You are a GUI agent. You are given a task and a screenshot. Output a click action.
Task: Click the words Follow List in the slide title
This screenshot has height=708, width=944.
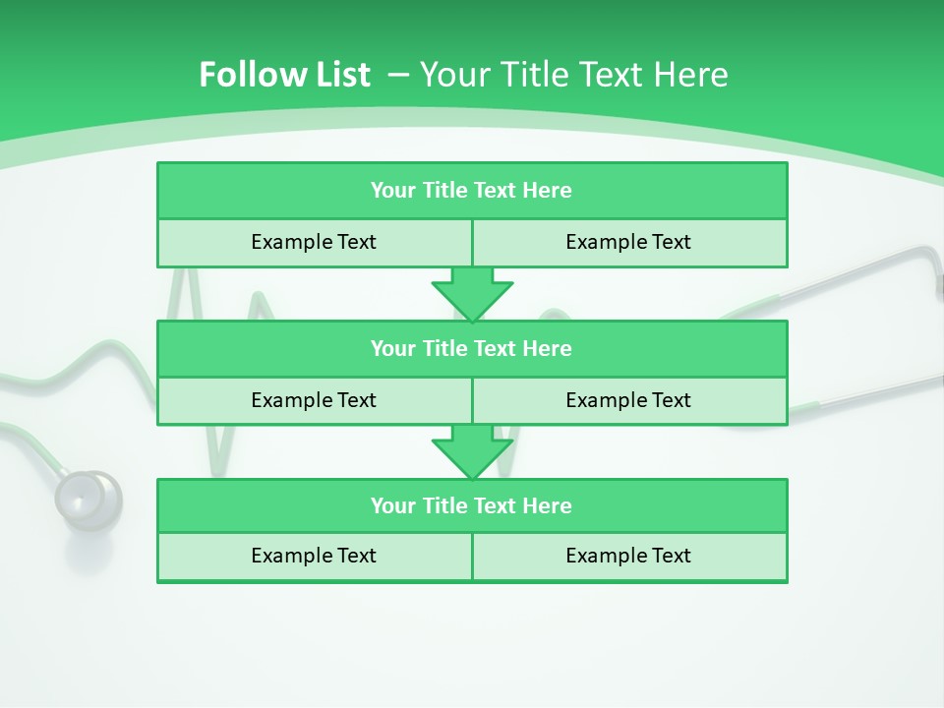[284, 75]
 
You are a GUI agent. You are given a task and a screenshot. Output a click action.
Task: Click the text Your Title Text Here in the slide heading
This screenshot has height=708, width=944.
[573, 75]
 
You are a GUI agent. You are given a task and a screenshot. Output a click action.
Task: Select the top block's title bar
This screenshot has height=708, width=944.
[472, 191]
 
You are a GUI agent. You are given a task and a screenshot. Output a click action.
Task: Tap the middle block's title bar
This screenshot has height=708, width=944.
[472, 348]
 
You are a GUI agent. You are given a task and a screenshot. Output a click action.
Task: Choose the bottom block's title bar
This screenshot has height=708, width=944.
[472, 505]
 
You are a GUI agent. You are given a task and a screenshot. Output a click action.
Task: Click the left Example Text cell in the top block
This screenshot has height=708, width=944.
[314, 242]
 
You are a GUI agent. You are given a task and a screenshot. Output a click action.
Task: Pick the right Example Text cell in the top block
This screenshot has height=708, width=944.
[628, 242]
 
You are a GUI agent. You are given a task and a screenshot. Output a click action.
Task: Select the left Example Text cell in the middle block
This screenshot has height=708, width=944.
[314, 400]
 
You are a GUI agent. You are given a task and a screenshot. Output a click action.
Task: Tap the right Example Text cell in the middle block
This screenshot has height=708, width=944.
[628, 400]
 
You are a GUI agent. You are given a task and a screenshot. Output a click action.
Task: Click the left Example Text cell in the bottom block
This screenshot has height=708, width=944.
[314, 556]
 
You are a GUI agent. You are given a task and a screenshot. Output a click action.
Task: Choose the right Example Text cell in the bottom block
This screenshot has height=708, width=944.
[628, 556]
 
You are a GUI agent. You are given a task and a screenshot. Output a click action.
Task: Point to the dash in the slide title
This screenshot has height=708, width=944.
[398, 75]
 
